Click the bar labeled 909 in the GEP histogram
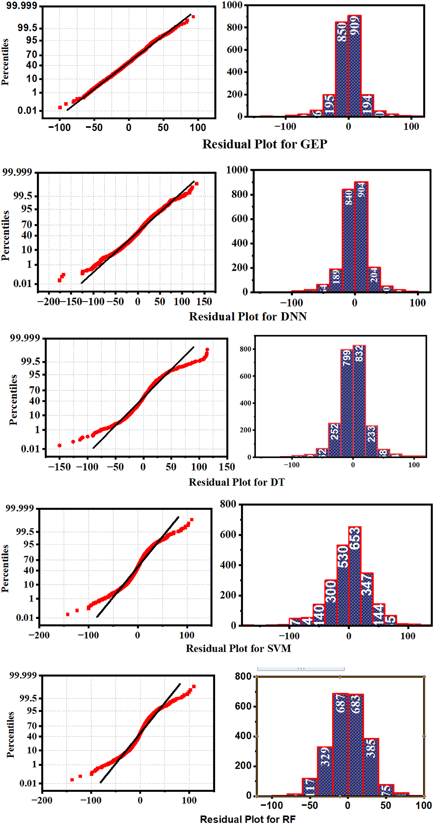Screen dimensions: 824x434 click(354, 66)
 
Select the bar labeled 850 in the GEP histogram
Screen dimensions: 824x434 click(341, 70)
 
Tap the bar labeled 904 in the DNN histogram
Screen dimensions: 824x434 click(361, 237)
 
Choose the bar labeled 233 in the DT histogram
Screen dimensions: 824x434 click(372, 441)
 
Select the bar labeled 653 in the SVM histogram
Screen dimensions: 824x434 click(355, 576)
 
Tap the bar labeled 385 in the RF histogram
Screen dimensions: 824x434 click(371, 767)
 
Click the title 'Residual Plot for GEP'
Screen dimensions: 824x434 click(265, 144)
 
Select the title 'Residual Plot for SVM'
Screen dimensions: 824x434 click(238, 648)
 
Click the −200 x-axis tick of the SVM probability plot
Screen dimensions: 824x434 click(39, 635)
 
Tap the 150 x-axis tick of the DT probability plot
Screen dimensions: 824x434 click(227, 467)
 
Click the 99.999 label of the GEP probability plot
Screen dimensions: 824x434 click(21, 6)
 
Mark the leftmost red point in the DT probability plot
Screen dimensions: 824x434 click(59, 445)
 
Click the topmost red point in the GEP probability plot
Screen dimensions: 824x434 click(193, 17)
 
